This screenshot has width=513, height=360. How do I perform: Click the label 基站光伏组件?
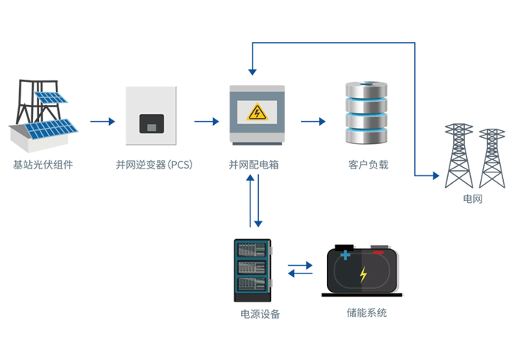[43, 165]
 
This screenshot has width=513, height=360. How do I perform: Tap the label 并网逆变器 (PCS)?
[153, 165]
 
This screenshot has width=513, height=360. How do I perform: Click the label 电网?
[472, 199]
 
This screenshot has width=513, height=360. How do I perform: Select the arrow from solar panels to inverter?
[102, 121]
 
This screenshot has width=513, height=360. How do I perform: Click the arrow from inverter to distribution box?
[207, 121]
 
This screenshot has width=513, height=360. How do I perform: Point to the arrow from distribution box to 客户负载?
[313, 121]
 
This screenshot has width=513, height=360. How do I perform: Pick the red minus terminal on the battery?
[378, 250]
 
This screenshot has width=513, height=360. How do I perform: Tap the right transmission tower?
[491, 159]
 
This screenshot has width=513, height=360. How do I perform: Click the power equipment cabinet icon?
[252, 270]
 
